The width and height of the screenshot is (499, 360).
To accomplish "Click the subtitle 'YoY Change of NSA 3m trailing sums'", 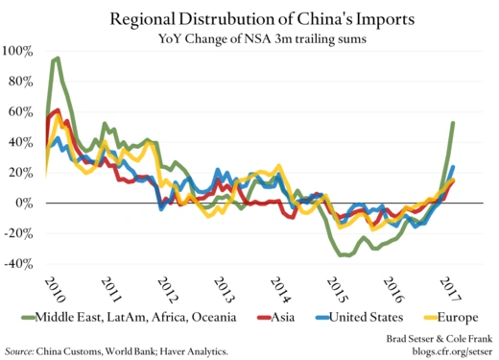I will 249,38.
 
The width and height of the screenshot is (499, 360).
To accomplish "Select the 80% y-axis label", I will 24,82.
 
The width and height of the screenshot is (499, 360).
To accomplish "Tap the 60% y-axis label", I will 24,112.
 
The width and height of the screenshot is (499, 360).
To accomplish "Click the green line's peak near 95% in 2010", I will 58,58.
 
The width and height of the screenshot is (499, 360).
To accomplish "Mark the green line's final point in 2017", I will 453,123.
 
